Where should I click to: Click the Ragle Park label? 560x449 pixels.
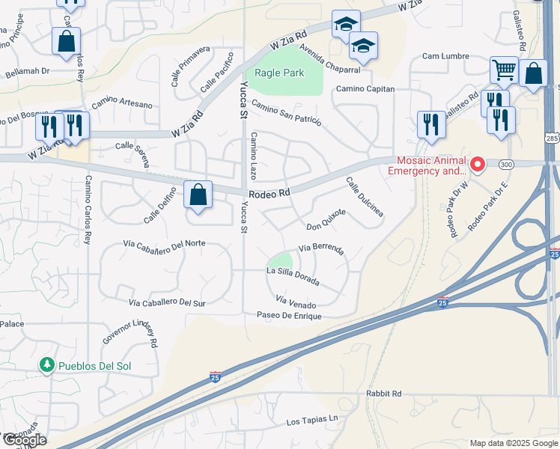[279, 73]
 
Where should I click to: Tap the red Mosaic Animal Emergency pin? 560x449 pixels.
[477, 163]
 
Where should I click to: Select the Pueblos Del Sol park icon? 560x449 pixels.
[47, 364]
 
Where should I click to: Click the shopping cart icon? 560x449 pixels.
[504, 70]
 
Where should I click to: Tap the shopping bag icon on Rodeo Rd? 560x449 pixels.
[198, 195]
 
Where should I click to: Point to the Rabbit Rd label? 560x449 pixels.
[384, 394]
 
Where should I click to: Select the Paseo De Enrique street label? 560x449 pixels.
[288, 316]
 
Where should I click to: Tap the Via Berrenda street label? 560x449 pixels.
[321, 248]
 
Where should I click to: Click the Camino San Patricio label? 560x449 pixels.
[286, 112]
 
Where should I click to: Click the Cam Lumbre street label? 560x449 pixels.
[445, 56]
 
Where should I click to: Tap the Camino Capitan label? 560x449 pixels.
[364, 88]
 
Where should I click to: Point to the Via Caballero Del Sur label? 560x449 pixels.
[167, 303]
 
